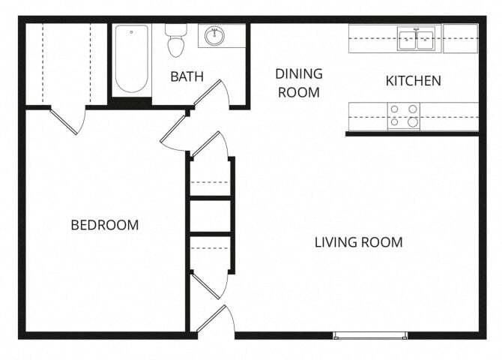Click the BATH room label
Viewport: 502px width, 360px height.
[187, 76]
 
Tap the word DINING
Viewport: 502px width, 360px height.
[298, 73]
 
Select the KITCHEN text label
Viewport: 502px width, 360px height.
[413, 81]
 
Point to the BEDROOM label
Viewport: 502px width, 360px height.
[105, 225]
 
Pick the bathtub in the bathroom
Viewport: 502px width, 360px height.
[132, 59]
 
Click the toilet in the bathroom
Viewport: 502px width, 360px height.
[176, 41]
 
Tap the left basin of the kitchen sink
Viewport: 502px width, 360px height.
[408, 38]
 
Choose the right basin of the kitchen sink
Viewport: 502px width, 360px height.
[425, 38]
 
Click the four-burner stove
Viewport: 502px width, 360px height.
[403, 116]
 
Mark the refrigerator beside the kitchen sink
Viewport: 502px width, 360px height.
[460, 38]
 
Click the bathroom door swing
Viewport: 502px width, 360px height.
[213, 94]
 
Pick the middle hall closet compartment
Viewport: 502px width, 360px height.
[210, 216]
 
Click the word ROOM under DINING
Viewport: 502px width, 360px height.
[298, 93]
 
